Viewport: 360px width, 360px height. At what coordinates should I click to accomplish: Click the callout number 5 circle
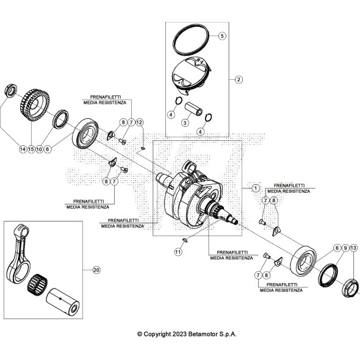click(222, 36)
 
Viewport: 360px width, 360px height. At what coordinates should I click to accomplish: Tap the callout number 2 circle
click(239, 79)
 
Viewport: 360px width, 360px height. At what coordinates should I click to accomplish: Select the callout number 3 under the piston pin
click(185, 123)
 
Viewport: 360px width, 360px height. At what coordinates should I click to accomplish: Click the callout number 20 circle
click(96, 269)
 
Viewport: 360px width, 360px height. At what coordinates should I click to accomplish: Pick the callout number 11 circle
click(178, 251)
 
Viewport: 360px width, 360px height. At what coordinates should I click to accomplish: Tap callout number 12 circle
click(139, 123)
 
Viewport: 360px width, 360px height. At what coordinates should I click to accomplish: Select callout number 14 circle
click(23, 149)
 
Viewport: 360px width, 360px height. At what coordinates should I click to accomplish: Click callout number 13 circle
click(354, 248)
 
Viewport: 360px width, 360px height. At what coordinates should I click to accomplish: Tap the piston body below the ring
click(190, 76)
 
